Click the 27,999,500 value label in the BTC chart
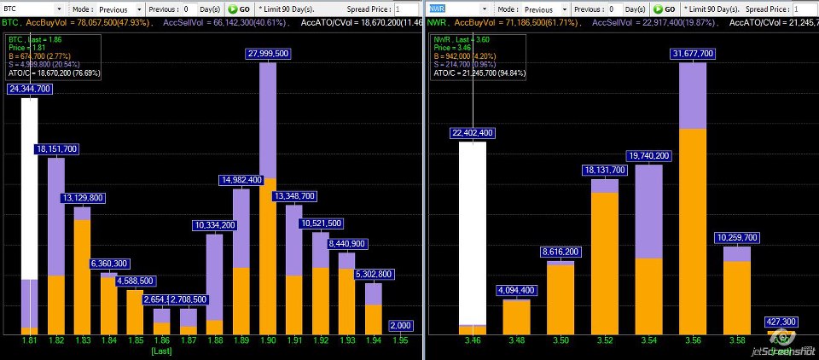(268, 53)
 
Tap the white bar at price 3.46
(473, 230)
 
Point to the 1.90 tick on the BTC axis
(268, 340)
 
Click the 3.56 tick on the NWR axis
(692, 340)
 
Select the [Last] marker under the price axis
(162, 351)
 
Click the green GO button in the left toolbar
(238, 9)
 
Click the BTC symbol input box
(34, 9)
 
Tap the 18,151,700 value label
(56, 149)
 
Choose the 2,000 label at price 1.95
(400, 325)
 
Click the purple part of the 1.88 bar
(215, 276)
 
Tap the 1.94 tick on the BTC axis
(374, 340)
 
